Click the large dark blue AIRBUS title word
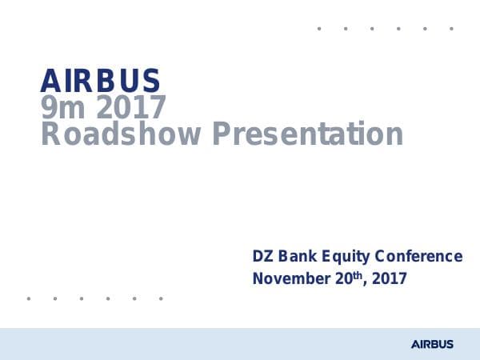click(100, 81)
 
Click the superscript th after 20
click(350, 275)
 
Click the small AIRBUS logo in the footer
click(432, 344)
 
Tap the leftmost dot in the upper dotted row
click(319, 29)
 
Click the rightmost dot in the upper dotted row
click(451, 29)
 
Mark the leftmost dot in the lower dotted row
click(29, 298)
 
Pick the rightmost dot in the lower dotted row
click(161, 298)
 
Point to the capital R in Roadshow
click(50, 134)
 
